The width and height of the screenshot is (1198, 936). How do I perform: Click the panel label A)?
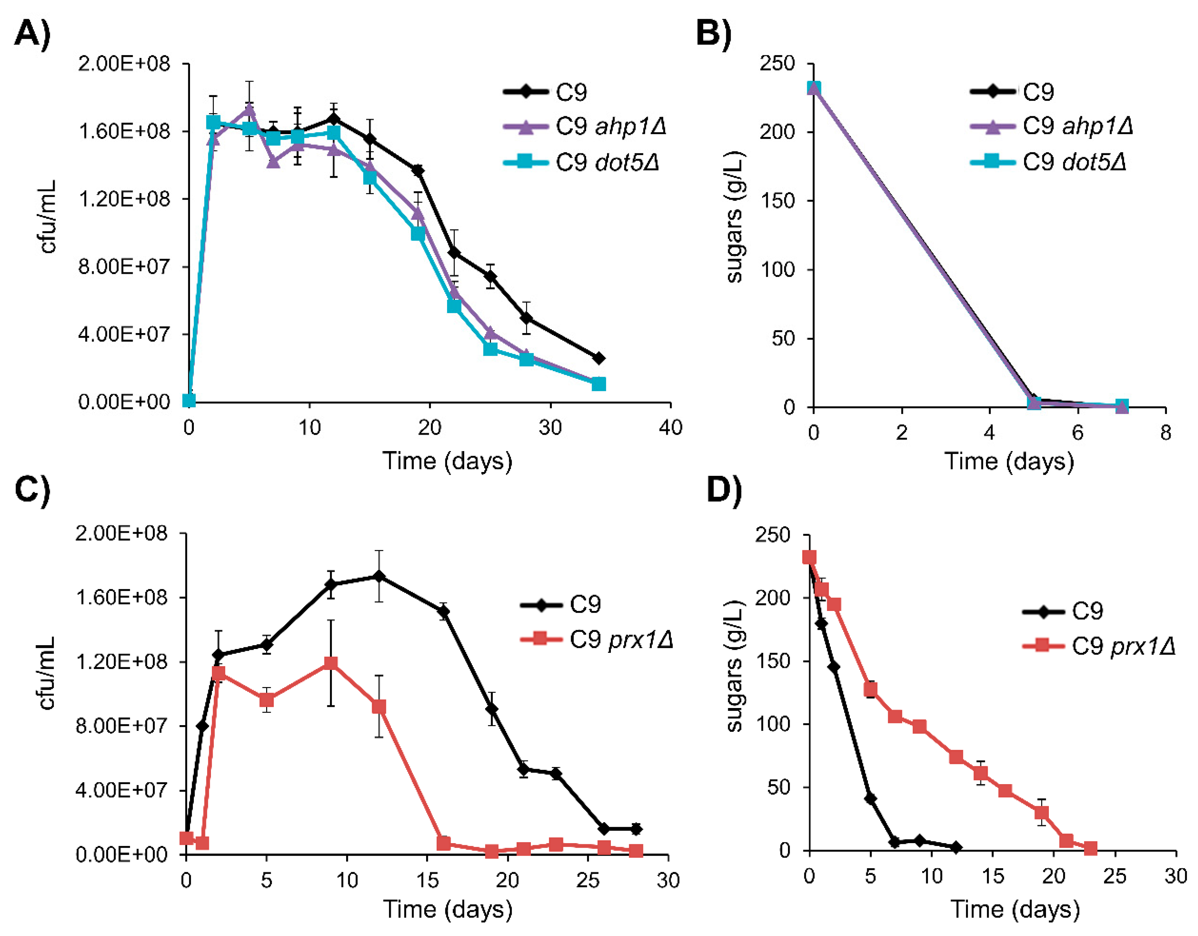tap(32, 34)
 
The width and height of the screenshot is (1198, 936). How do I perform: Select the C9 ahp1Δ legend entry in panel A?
tap(584, 127)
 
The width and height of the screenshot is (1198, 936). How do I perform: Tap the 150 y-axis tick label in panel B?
tap(777, 201)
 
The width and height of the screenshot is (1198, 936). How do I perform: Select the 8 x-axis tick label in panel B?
tap(1166, 433)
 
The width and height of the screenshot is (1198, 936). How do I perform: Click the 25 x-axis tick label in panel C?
tap(587, 880)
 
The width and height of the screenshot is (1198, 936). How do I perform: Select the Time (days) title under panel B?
tap(1009, 461)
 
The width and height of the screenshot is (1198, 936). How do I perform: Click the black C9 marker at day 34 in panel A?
tap(598, 358)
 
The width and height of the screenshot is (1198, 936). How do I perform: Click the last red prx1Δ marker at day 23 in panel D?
tap(1090, 849)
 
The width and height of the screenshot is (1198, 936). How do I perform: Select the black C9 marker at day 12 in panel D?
tap(956, 847)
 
